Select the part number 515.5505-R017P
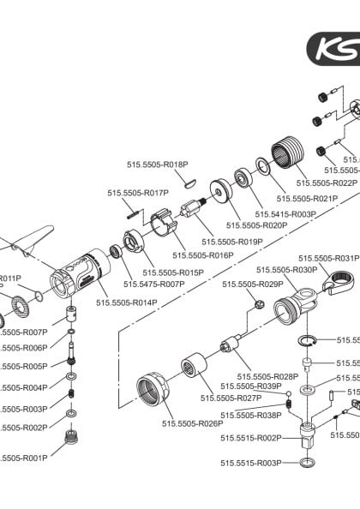pos(138,194)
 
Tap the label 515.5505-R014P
pos(127,302)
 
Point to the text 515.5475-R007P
pos(154,284)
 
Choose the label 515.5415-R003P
pos(285,214)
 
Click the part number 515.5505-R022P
pos(327,183)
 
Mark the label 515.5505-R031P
pos(329,258)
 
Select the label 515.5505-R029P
pos(253,284)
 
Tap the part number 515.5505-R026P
pos(193,423)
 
